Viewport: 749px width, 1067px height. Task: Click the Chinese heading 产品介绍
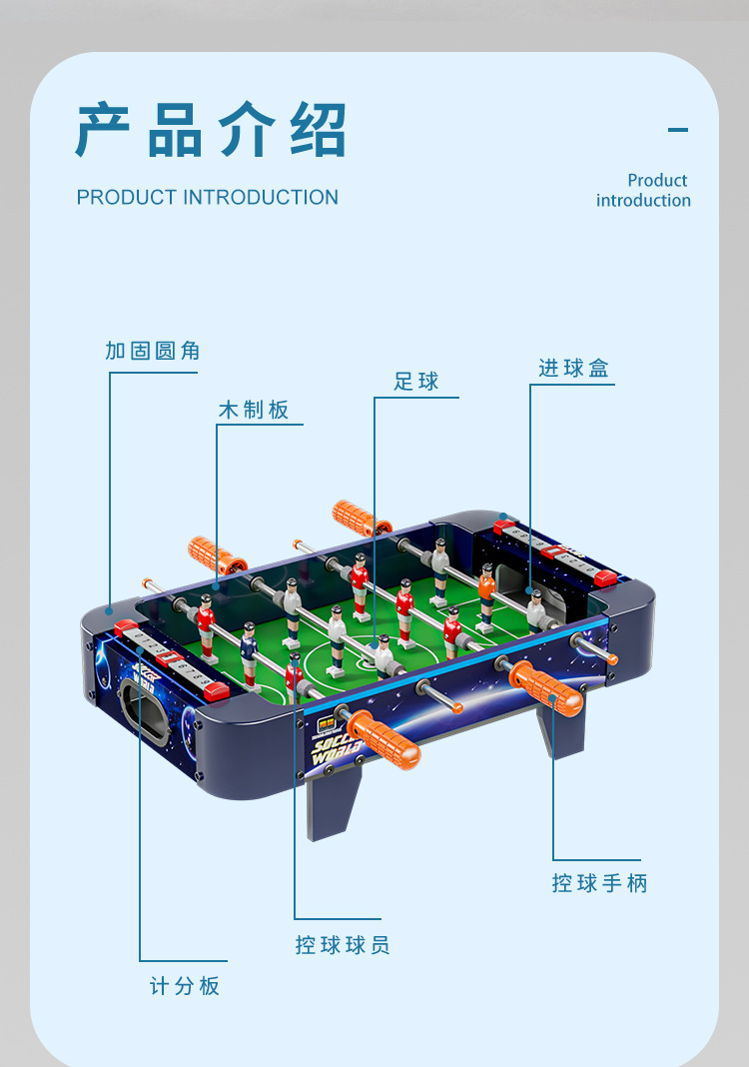[211, 130]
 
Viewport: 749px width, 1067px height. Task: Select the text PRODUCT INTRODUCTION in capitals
[208, 197]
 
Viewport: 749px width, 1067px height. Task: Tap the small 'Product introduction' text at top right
[644, 190]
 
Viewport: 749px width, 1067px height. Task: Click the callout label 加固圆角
[153, 351]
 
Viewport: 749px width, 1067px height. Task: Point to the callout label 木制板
[254, 410]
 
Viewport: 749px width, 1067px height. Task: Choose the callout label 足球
[416, 382]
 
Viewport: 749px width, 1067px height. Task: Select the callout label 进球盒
[573, 369]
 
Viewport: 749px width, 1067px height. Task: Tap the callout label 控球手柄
[599, 883]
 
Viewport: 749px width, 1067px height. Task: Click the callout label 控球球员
[343, 945]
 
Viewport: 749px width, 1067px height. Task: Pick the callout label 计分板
[185, 986]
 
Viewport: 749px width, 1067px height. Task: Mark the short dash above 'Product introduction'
[678, 129]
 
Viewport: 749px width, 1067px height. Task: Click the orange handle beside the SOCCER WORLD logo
[384, 739]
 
